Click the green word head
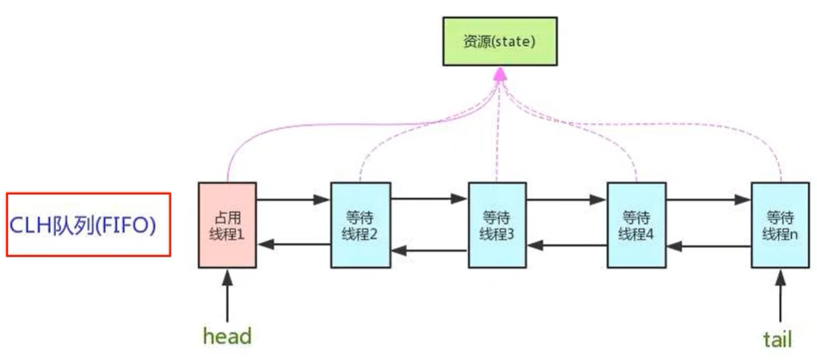click(226, 334)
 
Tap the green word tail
click(777, 338)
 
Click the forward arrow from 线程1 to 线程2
click(293, 200)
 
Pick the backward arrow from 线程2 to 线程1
click(293, 245)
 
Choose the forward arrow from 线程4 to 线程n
click(707, 200)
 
